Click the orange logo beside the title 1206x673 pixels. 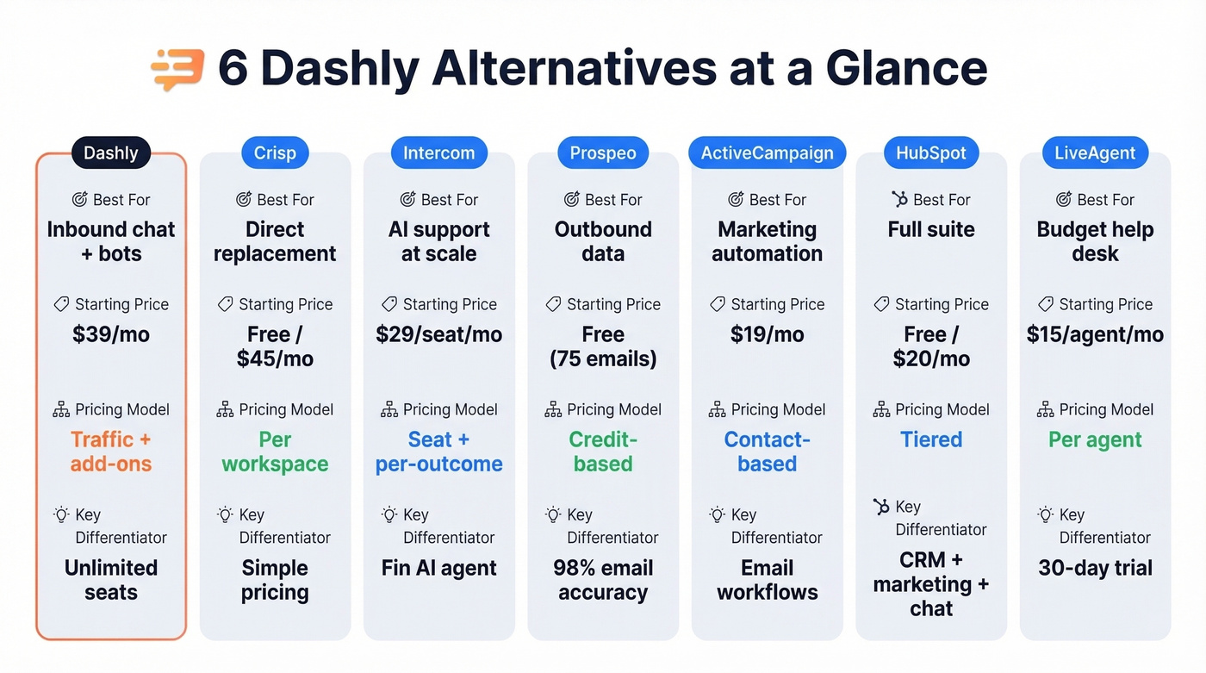coord(177,70)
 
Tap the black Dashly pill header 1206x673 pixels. coord(110,153)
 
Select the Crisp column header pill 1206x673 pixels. coord(275,153)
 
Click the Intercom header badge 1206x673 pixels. coord(438,153)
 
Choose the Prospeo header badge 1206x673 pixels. coord(603,153)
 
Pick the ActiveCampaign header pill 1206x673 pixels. coord(767,153)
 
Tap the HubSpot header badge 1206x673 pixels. coord(931,153)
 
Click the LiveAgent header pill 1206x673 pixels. coord(1095,153)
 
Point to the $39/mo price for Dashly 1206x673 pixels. coord(111,334)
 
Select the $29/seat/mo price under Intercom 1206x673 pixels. coord(438,334)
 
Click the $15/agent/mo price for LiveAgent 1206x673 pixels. coord(1095,334)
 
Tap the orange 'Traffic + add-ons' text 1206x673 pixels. coord(111,452)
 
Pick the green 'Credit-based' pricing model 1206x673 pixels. coord(603,452)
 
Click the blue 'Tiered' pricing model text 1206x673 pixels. coord(931,439)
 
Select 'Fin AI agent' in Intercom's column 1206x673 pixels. coord(438,569)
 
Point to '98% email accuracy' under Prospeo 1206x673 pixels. coord(603,580)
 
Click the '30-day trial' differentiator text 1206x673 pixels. coord(1095,569)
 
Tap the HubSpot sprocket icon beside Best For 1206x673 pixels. coord(899,200)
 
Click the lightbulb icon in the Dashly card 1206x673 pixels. coord(61,514)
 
